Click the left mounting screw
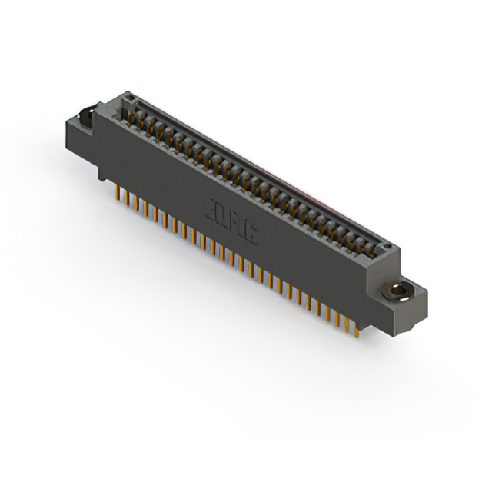[87, 118]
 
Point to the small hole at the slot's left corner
[130, 98]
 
